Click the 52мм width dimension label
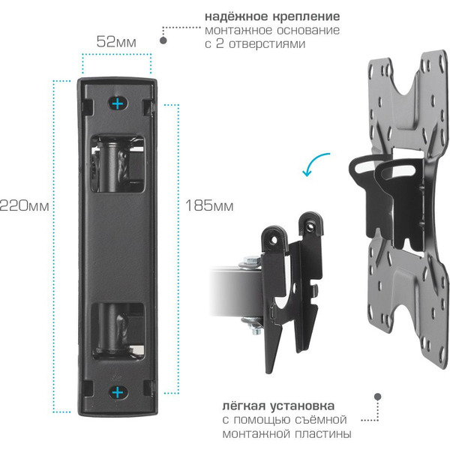coord(116,41)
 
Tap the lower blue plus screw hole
coord(117,391)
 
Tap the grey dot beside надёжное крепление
coord(166,31)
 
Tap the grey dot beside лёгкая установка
coord(377,394)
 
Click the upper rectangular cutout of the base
coord(117,162)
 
